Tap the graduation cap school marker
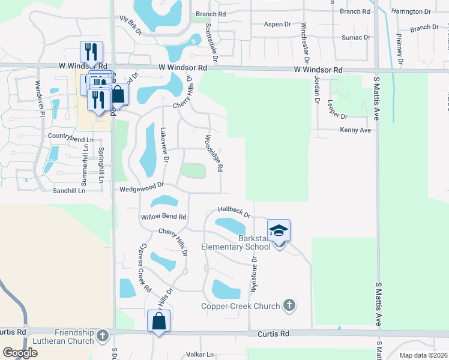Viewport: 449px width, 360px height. pos(279,232)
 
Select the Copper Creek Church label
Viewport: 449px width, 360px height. pos(240,306)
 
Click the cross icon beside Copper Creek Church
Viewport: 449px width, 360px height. pos(289,305)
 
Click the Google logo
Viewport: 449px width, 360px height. pos(20,353)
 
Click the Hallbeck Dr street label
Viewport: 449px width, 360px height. pos(234,211)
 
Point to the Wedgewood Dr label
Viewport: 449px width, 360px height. pos(142,188)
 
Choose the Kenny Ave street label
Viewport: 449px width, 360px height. pos(356,130)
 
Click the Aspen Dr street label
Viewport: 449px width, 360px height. pos(277,24)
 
